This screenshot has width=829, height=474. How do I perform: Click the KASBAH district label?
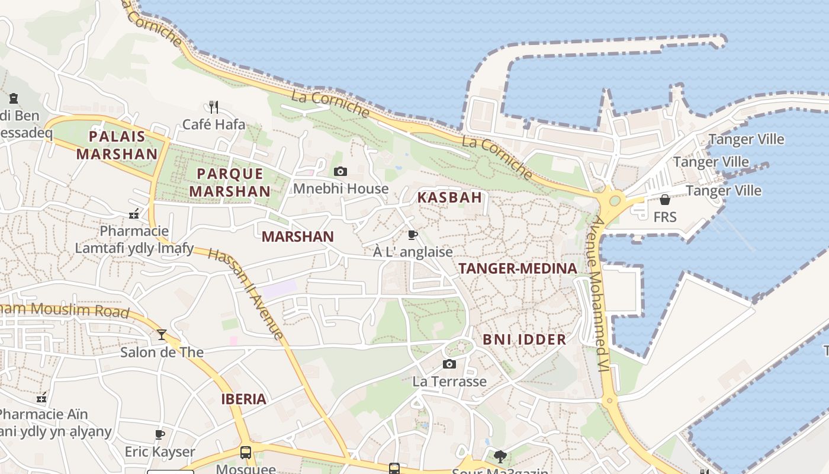(449, 197)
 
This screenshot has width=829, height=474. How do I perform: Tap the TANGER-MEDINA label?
(518, 268)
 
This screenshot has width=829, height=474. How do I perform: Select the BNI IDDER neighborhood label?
(524, 340)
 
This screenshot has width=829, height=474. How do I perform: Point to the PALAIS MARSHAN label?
(117, 145)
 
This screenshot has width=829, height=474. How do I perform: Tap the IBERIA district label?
(243, 399)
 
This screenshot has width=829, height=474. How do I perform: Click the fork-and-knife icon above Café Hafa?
(214, 107)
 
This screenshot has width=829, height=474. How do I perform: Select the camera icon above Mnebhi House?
(340, 171)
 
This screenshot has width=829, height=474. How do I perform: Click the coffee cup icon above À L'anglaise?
(413, 235)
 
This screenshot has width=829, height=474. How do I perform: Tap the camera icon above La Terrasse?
(449, 364)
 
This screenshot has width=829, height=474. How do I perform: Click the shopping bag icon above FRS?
(664, 200)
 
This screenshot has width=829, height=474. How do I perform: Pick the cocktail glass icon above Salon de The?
(161, 335)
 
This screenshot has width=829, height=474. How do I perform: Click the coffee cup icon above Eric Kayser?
(159, 434)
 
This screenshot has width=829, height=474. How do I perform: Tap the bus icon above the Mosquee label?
(245, 453)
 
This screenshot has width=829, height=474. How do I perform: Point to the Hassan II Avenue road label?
(246, 294)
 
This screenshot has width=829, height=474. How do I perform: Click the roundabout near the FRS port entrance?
(613, 200)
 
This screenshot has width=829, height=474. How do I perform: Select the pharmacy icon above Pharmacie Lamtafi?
(134, 213)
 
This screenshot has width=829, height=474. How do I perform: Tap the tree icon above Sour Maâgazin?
(500, 456)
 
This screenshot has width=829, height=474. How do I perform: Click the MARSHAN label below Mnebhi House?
(298, 236)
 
